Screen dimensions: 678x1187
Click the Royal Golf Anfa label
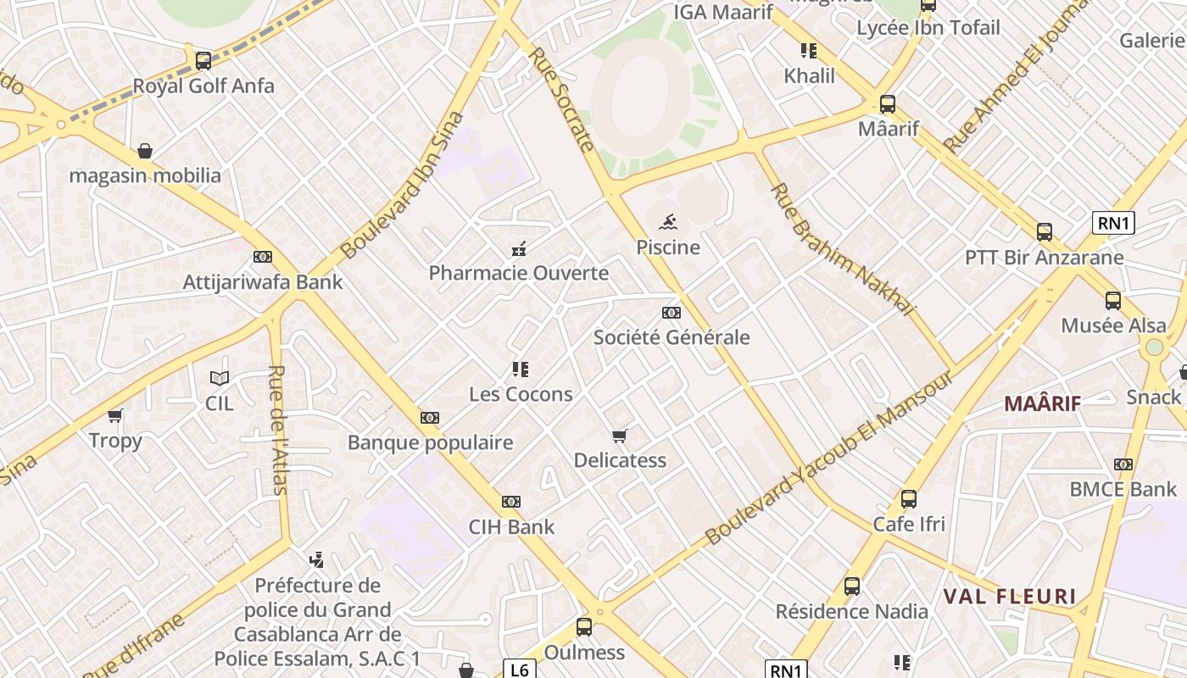click(x=203, y=86)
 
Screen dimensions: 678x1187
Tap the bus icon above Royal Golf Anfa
click(x=203, y=60)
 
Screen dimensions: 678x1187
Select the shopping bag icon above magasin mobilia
click(x=145, y=151)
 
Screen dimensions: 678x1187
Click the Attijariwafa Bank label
click(x=263, y=282)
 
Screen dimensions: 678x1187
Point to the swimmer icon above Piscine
click(x=669, y=223)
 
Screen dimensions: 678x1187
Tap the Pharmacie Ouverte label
click(x=519, y=273)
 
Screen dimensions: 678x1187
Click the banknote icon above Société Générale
click(x=672, y=313)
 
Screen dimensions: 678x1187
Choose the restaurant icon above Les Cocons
click(x=521, y=370)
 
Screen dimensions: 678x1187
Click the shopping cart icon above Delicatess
click(x=620, y=436)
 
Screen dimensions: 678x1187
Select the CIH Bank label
click(x=511, y=526)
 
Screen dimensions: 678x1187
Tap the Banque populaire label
click(x=430, y=442)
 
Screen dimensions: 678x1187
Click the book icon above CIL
click(x=220, y=379)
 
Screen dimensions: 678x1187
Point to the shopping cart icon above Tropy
click(x=115, y=415)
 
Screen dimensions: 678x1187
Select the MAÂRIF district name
click(x=1042, y=403)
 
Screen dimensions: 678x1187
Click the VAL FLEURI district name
click(x=1010, y=597)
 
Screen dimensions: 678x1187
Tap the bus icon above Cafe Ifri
click(x=909, y=499)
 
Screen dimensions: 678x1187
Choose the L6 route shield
click(x=520, y=670)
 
